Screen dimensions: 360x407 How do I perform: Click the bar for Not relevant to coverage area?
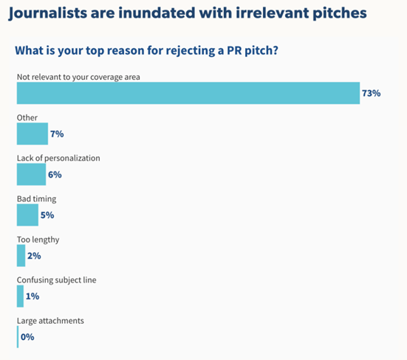coord(188,93)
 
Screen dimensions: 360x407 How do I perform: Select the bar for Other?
coord(32,134)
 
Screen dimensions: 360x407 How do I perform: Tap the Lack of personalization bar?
coord(31,174)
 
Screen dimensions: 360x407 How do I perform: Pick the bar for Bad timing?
coord(27,215)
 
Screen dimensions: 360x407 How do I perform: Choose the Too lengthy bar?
coord(21,256)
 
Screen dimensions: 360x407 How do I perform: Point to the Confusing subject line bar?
coord(20,296)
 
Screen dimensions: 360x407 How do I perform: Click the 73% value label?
coord(371,93)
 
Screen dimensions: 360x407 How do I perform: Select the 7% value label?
coord(57,134)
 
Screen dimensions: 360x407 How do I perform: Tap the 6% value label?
coord(55,174)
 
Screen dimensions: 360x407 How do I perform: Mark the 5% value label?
coord(48,215)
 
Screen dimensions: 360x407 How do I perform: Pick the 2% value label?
coord(34,256)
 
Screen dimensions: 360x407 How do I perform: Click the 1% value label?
coord(33,296)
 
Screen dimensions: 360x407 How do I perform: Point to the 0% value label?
coord(27,337)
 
